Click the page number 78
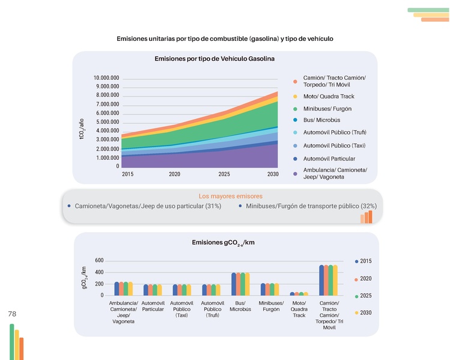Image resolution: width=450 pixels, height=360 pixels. (12, 314)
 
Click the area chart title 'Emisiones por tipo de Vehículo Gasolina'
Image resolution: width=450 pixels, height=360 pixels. (214, 59)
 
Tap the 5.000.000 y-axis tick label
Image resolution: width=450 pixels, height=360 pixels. (107, 122)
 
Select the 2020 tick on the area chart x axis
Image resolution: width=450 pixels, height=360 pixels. (175, 174)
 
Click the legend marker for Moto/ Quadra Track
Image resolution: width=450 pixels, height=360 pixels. (295, 97)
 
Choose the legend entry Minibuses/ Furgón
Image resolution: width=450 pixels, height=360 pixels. (327, 109)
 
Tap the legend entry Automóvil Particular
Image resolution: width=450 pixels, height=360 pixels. (329, 159)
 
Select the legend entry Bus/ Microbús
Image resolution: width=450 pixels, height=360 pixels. (321, 120)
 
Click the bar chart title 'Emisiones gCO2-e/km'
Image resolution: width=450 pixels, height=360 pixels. (223, 242)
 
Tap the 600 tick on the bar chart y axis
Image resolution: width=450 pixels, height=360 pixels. (99, 261)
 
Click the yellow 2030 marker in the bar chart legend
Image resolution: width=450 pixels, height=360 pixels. (356, 313)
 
